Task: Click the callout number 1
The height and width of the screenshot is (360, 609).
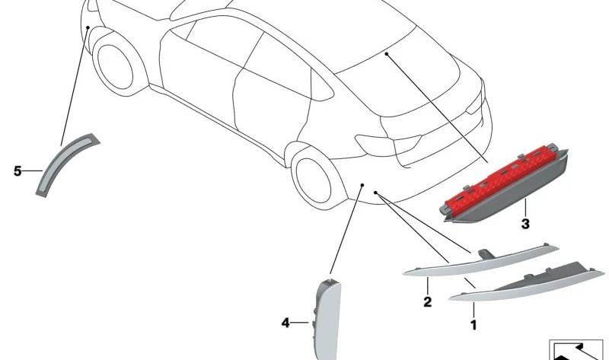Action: (473, 325)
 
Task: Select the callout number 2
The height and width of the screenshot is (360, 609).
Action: (428, 301)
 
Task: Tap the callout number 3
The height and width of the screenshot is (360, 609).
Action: (525, 224)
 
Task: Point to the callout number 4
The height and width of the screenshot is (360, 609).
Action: (285, 323)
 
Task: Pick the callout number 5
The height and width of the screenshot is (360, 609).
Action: (18, 171)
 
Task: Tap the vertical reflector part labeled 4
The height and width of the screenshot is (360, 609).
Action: (327, 319)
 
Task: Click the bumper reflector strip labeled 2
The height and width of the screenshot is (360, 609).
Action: (480, 262)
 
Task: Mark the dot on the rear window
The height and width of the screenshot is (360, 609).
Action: (387, 53)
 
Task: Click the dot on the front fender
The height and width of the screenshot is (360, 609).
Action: (88, 27)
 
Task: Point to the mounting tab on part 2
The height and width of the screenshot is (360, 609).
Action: (485, 253)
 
